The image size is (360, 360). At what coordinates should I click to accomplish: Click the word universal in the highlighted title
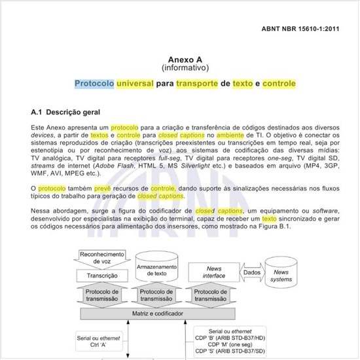[x=136, y=84]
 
